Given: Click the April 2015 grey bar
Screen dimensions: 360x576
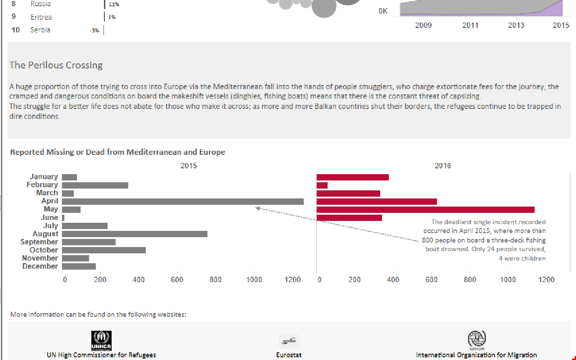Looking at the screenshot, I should pos(183,202).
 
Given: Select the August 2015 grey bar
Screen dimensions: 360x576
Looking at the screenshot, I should pos(135,234).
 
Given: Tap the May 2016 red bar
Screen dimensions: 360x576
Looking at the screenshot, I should pos(425,210).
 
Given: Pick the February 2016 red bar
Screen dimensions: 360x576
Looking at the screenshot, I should pos(322,185).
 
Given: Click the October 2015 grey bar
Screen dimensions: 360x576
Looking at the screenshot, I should pos(104,250).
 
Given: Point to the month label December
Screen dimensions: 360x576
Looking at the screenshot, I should pos(40,266).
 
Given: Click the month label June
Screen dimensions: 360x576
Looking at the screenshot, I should pos(49,218).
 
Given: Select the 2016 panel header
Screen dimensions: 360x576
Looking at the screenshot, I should pos(442,166).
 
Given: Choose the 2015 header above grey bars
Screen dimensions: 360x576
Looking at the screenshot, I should pos(189,166).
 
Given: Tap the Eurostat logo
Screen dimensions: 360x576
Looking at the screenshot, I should pos(289,341).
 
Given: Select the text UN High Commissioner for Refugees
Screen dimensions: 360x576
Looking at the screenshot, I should pos(101,355).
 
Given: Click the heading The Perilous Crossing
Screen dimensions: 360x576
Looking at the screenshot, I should pos(56,65).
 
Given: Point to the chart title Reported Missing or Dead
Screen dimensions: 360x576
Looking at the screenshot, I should pos(117,152).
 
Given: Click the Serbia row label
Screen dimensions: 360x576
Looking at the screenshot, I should pos(40,30).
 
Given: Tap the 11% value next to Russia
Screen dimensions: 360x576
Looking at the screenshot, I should pos(114,4).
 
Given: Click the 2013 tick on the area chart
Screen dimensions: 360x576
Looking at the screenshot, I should pos(516,25).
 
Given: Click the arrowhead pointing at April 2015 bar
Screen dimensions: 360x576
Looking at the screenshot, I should pos(257,208).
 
